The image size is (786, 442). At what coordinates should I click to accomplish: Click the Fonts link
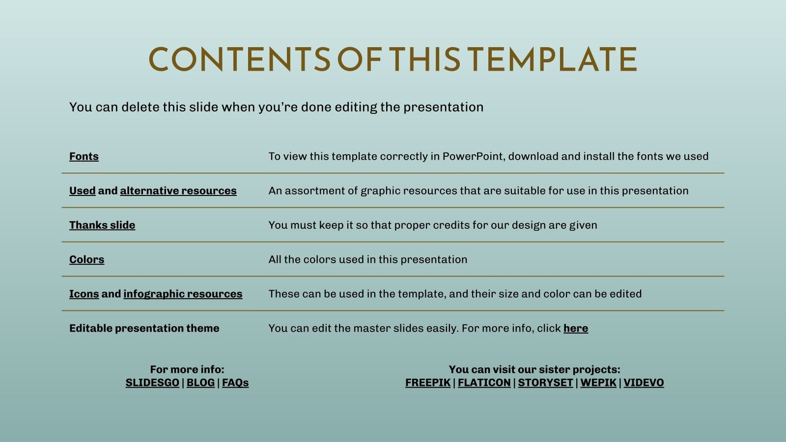[x=84, y=156]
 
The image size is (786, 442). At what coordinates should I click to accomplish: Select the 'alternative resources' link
[x=178, y=191]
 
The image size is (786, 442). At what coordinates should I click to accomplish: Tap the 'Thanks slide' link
[x=102, y=225]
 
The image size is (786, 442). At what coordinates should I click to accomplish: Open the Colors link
[x=86, y=259]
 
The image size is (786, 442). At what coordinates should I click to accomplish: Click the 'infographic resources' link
[x=183, y=294]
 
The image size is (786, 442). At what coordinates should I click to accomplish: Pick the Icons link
[x=84, y=294]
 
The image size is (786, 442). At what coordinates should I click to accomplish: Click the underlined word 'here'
[x=576, y=328]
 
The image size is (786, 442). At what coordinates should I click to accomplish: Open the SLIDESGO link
[x=152, y=383]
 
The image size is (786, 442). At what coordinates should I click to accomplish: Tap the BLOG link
[x=200, y=383]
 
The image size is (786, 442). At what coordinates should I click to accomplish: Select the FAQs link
[x=235, y=383]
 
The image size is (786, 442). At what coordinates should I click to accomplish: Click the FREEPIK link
[x=428, y=383]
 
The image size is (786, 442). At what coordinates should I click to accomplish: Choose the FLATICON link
[x=484, y=383]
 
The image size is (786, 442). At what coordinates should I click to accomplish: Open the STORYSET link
[x=545, y=383]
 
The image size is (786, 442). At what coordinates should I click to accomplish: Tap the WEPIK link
[x=598, y=383]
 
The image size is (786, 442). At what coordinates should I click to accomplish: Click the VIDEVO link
[x=644, y=383]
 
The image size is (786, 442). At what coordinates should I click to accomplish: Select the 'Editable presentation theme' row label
[x=144, y=328]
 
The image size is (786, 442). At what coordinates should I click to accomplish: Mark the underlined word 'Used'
[x=82, y=191]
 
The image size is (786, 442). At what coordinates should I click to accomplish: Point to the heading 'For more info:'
[x=187, y=369]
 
